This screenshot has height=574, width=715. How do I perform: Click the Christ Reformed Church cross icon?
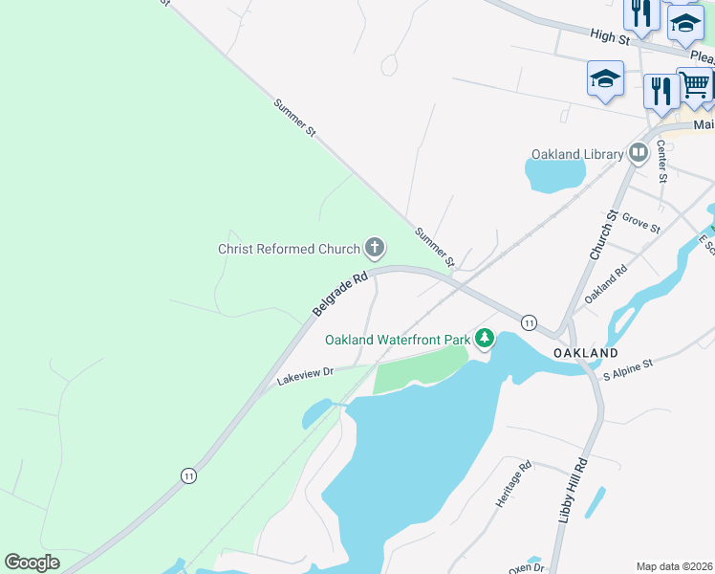[375, 249]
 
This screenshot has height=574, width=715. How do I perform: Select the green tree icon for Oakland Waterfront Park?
[486, 339]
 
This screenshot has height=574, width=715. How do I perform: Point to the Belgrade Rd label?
[340, 296]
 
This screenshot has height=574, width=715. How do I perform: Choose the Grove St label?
[640, 223]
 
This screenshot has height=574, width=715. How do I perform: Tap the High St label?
[610, 35]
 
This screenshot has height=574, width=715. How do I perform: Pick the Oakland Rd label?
[606, 283]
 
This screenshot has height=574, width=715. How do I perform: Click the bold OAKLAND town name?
[586, 353]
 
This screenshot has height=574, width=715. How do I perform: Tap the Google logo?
[32, 563]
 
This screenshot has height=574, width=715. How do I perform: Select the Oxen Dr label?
[526, 567]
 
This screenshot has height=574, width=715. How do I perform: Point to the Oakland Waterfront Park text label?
[398, 340]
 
